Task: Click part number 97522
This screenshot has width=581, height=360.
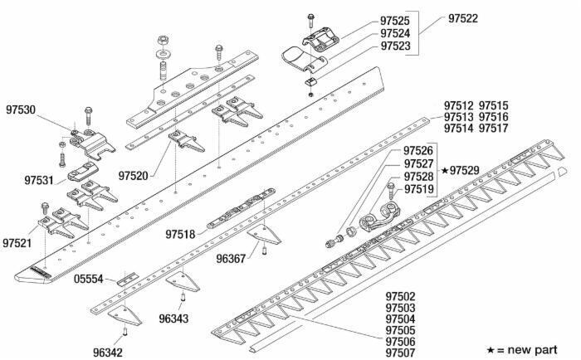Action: (464, 18)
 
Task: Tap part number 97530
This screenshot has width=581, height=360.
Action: (20, 109)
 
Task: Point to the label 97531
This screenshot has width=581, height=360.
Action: (39, 180)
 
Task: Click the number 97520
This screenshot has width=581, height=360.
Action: (133, 176)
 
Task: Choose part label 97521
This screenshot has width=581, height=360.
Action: (17, 243)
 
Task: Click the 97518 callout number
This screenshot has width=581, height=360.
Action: (179, 235)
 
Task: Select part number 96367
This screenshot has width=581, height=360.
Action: (232, 259)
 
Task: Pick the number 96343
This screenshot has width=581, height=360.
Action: (173, 319)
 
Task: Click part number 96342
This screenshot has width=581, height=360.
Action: (108, 352)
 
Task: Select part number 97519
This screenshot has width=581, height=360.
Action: (419, 190)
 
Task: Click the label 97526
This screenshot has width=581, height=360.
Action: (418, 151)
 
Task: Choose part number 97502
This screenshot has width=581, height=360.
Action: (401, 296)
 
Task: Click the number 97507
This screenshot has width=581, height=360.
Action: (401, 353)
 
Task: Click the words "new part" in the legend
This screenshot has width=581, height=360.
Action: (544, 343)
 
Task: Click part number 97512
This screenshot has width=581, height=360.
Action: (458, 106)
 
